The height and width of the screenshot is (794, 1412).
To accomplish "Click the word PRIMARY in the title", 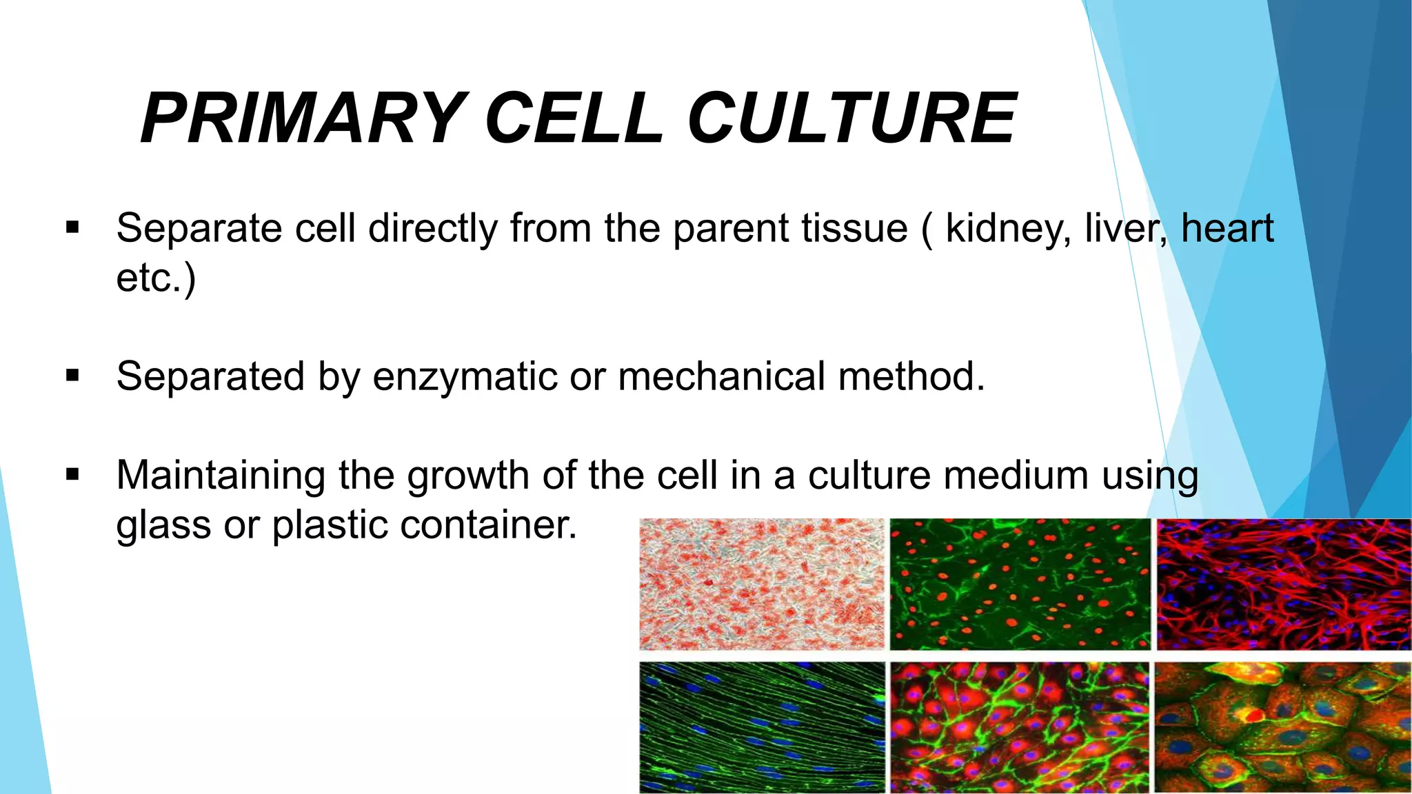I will (301, 119).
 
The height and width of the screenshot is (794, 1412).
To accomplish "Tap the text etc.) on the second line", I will (156, 278).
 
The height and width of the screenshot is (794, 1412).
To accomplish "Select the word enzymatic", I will (465, 377).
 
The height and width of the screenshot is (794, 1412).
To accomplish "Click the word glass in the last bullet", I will (163, 527).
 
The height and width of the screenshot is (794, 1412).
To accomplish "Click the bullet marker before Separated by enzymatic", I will (73, 376).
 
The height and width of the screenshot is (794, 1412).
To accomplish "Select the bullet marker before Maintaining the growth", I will (73, 475).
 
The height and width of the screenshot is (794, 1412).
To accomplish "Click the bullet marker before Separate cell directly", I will (73, 227).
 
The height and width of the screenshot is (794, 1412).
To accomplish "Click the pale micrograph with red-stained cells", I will (761, 584).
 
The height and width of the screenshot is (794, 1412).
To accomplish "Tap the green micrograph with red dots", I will (1020, 584).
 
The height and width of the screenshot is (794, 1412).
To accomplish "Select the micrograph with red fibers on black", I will (1283, 584).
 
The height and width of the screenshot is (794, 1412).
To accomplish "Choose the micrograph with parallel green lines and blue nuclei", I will (761, 727).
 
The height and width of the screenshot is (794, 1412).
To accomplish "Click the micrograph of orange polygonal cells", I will (1283, 727).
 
